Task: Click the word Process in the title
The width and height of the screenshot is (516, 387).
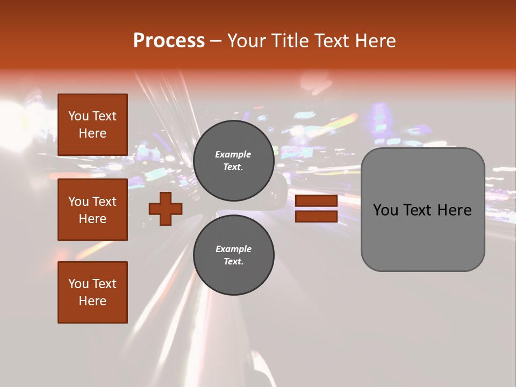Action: [169, 40]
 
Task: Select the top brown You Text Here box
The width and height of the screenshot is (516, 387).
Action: [92, 125]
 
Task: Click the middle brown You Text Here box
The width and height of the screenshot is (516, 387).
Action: [92, 210]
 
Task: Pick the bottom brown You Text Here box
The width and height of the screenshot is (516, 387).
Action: [92, 292]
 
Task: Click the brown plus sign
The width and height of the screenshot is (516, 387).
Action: [166, 209]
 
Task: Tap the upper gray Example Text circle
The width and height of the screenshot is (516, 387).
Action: [234, 161]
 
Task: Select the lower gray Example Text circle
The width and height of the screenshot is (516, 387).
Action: [234, 255]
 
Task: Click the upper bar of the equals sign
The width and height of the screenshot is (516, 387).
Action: [316, 201]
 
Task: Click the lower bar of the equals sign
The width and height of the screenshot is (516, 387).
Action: [316, 216]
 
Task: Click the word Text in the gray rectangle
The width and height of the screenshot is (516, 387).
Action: [418, 210]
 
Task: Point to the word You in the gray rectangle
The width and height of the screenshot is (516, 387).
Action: [386, 210]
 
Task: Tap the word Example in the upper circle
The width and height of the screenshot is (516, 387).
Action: [233, 154]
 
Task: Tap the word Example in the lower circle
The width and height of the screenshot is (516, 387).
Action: [233, 249]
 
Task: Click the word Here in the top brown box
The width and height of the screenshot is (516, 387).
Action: [92, 133]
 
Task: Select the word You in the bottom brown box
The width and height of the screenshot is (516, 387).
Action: [78, 283]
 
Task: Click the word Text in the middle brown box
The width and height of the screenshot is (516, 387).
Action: [104, 202]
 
